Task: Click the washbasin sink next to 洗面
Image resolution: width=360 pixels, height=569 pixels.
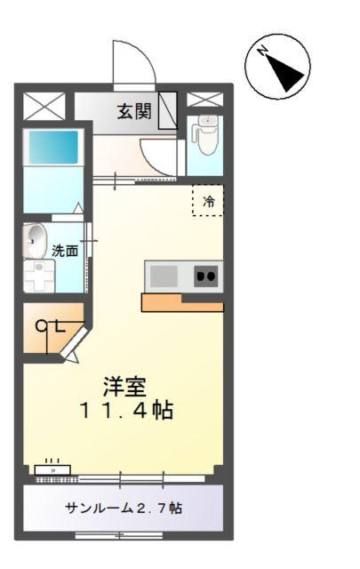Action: tap(36, 239)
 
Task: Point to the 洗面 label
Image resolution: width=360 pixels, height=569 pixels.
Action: tap(64, 251)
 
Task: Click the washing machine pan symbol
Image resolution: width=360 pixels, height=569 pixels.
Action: tap(38, 275)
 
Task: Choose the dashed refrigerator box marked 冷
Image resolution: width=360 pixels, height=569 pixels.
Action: tap(208, 201)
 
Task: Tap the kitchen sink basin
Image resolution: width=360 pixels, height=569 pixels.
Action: tap(164, 276)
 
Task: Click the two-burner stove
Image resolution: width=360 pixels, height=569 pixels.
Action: tap(206, 276)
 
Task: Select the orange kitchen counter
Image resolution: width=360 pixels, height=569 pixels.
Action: tap(182, 303)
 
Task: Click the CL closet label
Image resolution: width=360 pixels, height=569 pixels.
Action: tap(50, 326)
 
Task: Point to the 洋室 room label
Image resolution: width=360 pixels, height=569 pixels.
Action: tap(124, 388)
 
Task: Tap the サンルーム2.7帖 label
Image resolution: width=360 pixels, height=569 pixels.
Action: tap(124, 509)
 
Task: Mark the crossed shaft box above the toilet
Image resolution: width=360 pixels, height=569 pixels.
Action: tap(204, 98)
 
